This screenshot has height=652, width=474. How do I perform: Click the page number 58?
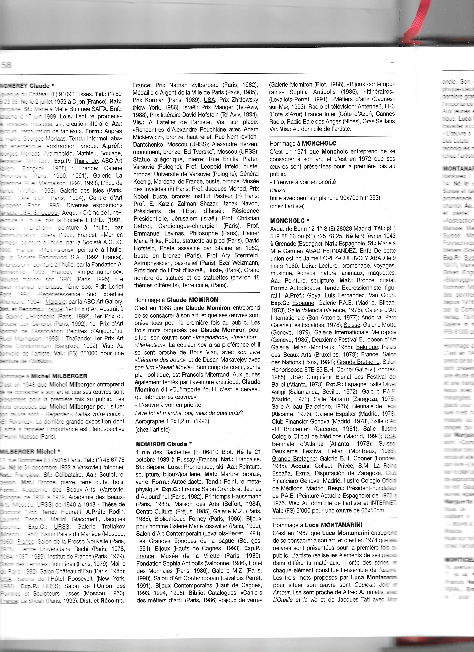tap(6, 65)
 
